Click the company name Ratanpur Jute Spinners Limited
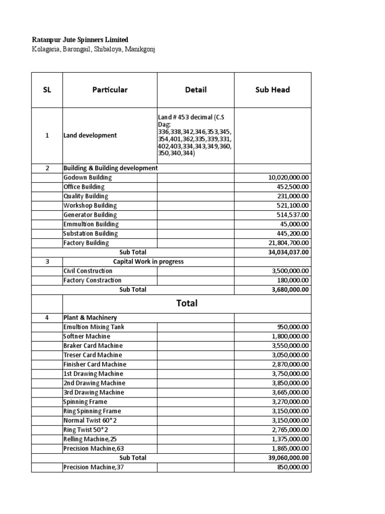click(80, 40)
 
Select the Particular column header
click(110, 90)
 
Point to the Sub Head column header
click(273, 90)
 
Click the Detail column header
click(196, 90)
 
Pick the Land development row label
click(90, 136)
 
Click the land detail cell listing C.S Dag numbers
click(195, 136)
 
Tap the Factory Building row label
click(86, 243)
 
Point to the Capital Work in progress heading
click(148, 262)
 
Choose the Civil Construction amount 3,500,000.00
click(290, 271)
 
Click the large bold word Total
click(186, 303)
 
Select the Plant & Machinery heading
click(90, 318)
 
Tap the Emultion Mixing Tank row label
click(94, 327)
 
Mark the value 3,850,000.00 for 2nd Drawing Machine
click(290, 383)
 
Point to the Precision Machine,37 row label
click(93, 467)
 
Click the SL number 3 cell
click(47, 262)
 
